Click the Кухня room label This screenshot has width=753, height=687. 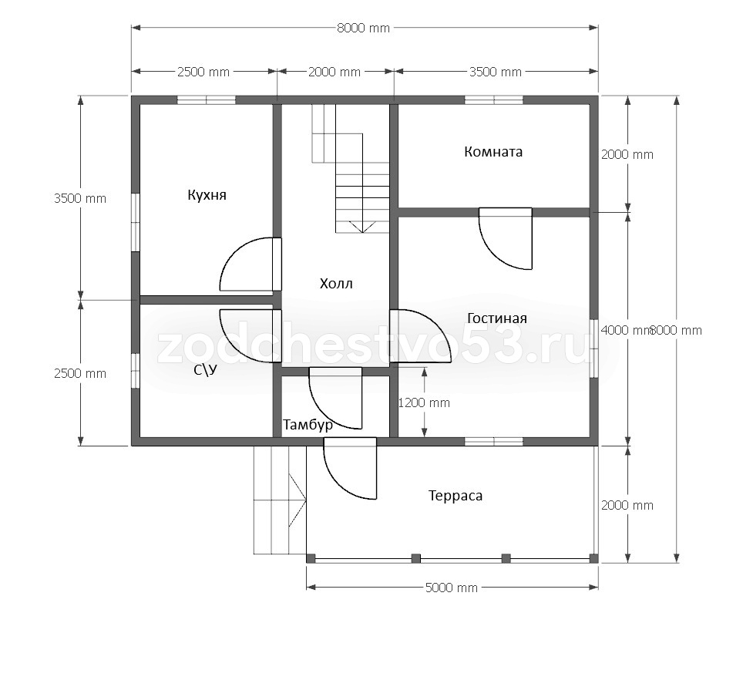click(207, 195)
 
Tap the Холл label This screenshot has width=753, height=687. click(336, 284)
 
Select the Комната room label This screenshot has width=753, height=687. click(493, 152)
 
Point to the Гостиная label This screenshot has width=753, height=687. click(497, 318)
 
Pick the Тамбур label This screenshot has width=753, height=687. click(308, 425)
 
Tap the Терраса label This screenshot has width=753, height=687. click(455, 496)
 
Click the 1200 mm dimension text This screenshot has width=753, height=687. click(424, 402)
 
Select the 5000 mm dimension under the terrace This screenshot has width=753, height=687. click(452, 588)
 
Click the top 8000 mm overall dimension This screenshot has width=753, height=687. click(363, 29)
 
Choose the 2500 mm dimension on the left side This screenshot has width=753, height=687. click(80, 373)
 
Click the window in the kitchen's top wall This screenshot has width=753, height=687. click(207, 100)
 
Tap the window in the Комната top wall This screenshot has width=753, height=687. click(494, 100)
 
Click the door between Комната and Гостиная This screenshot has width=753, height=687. click(506, 238)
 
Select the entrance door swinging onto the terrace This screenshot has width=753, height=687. click(350, 469)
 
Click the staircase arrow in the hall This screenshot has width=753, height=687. click(362, 227)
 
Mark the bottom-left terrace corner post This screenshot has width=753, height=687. click(311, 558)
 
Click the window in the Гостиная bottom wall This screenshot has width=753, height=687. click(494, 442)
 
